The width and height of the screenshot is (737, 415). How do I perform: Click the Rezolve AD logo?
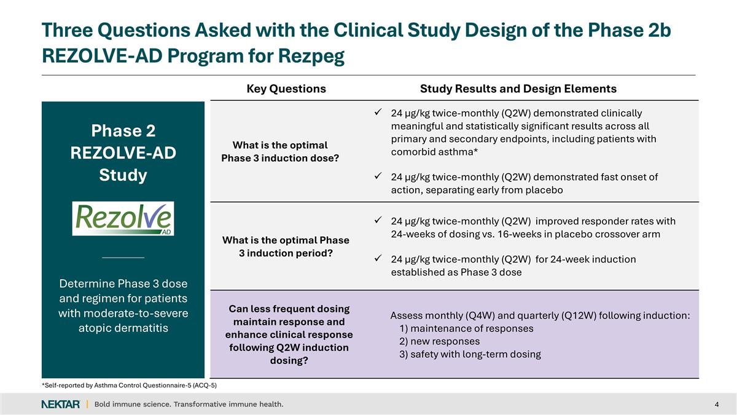(123, 218)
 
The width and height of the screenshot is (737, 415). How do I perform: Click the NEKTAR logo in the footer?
(60, 404)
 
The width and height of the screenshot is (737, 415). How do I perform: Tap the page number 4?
(717, 404)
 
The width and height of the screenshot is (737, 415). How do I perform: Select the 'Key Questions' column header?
(286, 89)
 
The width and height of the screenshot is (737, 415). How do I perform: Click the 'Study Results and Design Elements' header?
(518, 89)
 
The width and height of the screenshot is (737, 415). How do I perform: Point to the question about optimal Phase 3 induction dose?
(280, 151)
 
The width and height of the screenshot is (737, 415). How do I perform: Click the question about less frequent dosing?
(289, 334)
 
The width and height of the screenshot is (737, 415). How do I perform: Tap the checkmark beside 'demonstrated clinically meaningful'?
(379, 113)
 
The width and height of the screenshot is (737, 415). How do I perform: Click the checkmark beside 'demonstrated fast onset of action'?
(379, 177)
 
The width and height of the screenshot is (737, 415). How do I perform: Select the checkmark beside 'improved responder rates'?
(379, 221)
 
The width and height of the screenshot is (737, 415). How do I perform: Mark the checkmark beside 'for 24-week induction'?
(379, 259)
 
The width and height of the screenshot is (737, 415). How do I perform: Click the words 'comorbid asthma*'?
(434, 152)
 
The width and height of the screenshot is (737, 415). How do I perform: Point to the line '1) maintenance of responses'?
(466, 328)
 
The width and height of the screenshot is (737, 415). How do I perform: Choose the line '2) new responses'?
(439, 341)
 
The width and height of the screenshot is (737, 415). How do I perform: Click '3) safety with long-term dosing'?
(470, 354)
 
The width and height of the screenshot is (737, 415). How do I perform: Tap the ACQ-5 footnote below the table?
(129, 385)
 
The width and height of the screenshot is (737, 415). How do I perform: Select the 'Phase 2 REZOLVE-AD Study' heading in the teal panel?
(123, 153)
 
